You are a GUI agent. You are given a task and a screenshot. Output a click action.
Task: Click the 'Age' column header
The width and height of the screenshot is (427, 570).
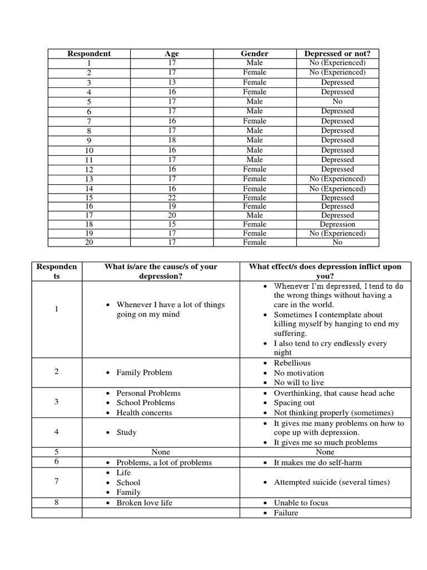click(x=172, y=54)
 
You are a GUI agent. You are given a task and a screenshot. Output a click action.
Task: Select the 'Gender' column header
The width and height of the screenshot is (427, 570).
click(x=255, y=54)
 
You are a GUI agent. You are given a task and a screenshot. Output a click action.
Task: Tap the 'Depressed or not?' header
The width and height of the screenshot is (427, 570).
click(x=337, y=54)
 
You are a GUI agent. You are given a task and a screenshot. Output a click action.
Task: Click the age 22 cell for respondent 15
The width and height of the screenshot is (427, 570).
click(x=172, y=198)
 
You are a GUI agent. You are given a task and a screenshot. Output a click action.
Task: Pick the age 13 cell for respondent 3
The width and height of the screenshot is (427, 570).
click(x=172, y=82)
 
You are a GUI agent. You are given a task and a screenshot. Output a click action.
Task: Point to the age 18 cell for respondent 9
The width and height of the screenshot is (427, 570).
click(x=172, y=140)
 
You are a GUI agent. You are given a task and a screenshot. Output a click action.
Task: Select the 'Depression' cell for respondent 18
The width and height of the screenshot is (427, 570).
click(x=337, y=224)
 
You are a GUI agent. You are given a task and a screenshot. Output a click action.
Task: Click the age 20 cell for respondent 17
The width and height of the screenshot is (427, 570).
click(x=172, y=215)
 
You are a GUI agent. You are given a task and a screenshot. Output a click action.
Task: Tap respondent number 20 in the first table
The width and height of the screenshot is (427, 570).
click(x=89, y=243)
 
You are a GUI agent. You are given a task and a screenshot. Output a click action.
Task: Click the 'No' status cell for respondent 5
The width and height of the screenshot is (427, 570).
click(x=337, y=101)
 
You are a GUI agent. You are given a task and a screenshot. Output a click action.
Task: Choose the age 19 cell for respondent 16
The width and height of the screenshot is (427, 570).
click(x=172, y=207)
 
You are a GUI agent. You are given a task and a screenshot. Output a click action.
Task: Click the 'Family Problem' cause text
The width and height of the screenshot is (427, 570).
click(x=144, y=373)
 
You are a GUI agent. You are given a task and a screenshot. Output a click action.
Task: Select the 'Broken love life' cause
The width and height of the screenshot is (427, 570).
click(x=144, y=503)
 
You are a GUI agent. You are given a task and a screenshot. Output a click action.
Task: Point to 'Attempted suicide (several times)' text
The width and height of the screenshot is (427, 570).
click(x=331, y=482)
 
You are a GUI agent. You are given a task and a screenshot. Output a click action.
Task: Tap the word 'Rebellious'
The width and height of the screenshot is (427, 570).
click(x=292, y=363)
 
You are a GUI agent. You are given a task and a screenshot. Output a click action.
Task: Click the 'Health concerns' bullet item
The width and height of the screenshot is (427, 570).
click(x=144, y=413)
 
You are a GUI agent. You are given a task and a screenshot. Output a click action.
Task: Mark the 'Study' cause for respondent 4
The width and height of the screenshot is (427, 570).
click(x=126, y=433)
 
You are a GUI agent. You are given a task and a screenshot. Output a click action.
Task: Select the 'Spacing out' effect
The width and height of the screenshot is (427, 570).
click(x=294, y=403)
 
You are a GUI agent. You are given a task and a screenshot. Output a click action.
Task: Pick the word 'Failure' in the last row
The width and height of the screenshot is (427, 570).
click(x=286, y=513)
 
